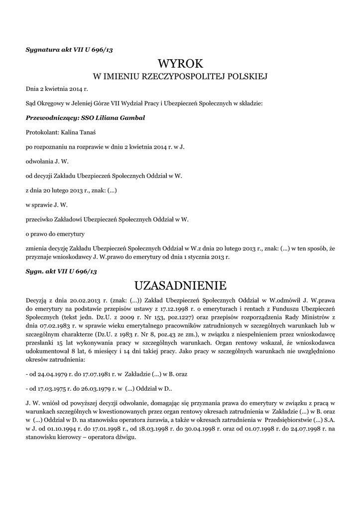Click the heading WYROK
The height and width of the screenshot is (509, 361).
tap(181, 64)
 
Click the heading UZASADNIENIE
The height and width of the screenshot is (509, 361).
tap(181, 285)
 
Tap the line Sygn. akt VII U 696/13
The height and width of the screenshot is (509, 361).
tap(61, 271)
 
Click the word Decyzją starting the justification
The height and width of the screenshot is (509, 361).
tap(38, 300)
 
